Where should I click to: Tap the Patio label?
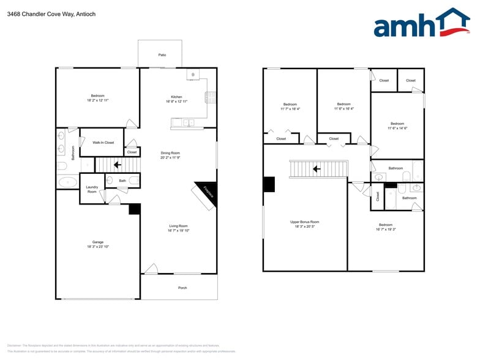(x=162, y=55)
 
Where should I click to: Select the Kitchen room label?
(x=176, y=99)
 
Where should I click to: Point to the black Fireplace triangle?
(x=206, y=192)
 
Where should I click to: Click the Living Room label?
(x=178, y=228)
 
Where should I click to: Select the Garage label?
(x=98, y=245)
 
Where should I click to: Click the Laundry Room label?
(x=92, y=189)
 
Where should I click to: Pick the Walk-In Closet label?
(x=103, y=142)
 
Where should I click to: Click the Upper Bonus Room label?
(x=304, y=224)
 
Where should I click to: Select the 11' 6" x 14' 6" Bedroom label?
(x=397, y=126)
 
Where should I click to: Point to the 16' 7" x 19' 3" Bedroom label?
(x=386, y=227)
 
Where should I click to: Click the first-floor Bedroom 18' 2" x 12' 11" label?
(x=98, y=97)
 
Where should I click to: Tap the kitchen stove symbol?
(x=210, y=96)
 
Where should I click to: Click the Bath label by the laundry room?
(x=122, y=181)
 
